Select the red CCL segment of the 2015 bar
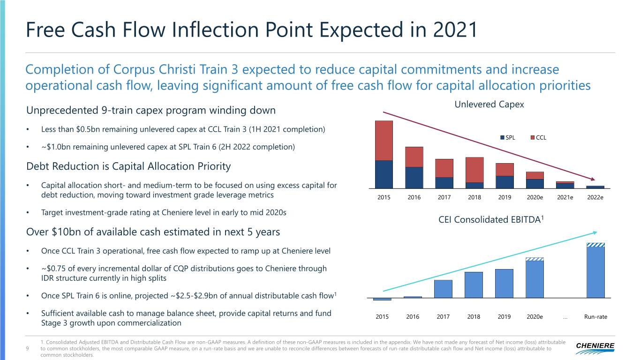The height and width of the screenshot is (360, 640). click(x=384, y=141)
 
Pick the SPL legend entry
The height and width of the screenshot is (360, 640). click(x=507, y=137)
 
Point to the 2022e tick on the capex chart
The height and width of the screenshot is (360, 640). click(x=595, y=197)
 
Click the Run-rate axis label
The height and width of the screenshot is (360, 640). click(x=595, y=317)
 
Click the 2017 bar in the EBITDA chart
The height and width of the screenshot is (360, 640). click(x=443, y=289)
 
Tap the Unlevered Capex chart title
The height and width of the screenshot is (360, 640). click(x=489, y=105)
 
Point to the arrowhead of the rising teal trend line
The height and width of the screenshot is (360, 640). click(x=595, y=232)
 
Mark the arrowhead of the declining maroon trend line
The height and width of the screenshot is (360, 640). click(x=594, y=180)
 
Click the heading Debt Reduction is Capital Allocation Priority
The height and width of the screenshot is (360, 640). click(x=128, y=166)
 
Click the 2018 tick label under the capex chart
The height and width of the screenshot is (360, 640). click(x=474, y=197)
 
